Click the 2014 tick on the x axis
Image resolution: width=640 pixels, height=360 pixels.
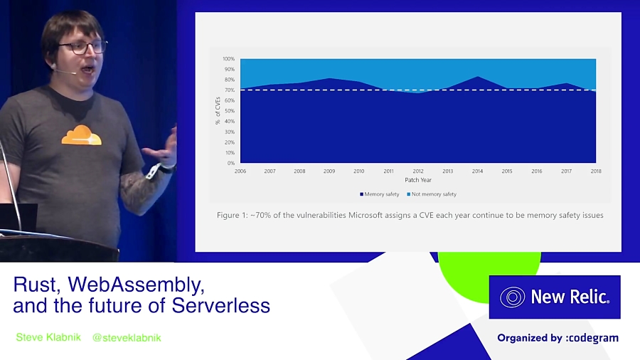pos(477,171)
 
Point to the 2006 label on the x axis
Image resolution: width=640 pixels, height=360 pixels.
pos(240,171)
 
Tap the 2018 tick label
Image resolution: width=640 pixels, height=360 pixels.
pos(596,171)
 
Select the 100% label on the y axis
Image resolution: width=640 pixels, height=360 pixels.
pos(228,59)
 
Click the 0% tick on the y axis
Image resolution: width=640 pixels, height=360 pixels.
pos(230,163)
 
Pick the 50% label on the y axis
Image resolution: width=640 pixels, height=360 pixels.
pos(229,111)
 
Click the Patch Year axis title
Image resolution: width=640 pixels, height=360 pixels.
pos(418,180)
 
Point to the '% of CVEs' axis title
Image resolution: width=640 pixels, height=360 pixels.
pos(218,111)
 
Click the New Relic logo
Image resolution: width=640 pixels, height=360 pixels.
pos(555,297)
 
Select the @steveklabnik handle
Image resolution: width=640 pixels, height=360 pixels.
pos(127,337)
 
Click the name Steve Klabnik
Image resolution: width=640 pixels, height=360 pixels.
pos(48,337)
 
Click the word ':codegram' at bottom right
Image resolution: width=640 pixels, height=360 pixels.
pos(592,338)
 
